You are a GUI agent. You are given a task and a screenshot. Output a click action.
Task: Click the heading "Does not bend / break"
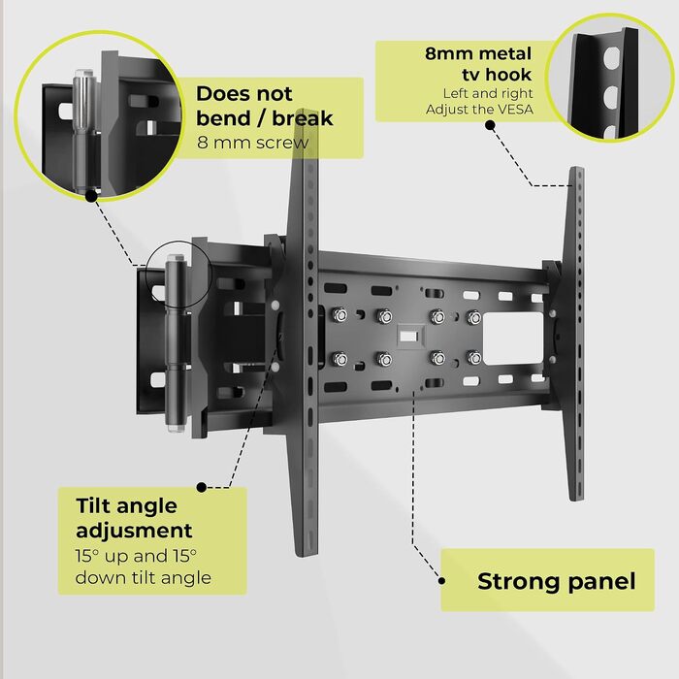pos(265,106)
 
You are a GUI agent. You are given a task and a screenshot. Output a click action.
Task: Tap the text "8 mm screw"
pos(253,143)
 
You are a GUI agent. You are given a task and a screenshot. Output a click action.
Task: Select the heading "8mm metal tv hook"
pos(478,64)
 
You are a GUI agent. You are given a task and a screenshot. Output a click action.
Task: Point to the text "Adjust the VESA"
pos(479,109)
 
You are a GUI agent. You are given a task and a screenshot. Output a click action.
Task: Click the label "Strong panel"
pos(557,581)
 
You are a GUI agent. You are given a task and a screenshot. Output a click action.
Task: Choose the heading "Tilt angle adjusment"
pos(134,518)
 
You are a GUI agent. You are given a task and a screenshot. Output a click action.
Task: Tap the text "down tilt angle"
pos(144,578)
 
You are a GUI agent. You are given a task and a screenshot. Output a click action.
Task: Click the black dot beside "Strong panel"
pos(441,581)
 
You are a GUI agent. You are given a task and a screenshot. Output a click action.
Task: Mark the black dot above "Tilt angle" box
pos(202,487)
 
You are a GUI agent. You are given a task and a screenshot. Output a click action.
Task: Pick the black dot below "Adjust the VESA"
pos(490,125)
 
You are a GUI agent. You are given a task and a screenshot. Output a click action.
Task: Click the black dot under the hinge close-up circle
pos(91,196)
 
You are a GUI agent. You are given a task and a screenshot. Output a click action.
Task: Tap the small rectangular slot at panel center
pos(408,336)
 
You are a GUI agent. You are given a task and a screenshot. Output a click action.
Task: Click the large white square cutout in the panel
pos(513,339)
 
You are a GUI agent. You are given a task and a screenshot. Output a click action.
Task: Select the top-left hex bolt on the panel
pos(339,315)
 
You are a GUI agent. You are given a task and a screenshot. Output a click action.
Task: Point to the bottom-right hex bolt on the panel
pos(474,358)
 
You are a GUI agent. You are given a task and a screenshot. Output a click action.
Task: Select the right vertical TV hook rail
pos(575,334)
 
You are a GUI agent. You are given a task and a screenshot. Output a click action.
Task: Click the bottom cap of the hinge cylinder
pos(176,427)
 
